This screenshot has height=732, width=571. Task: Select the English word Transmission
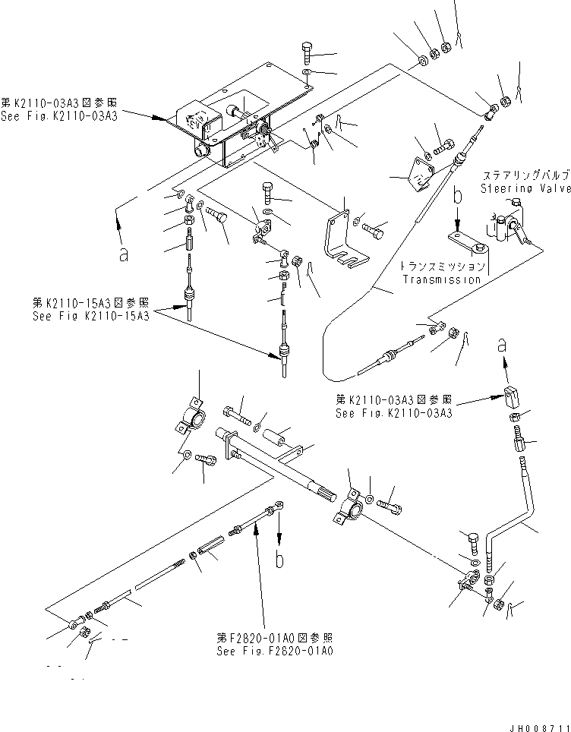tap(442, 279)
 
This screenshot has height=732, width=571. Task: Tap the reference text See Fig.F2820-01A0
tap(274, 650)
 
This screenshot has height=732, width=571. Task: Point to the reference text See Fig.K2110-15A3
tap(90, 316)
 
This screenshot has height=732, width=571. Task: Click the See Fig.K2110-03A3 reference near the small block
tap(394, 413)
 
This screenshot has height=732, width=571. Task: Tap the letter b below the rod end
tap(281, 560)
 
